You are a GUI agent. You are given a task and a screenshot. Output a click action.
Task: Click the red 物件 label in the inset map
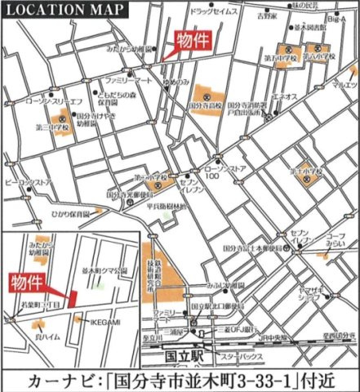click(27, 283)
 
